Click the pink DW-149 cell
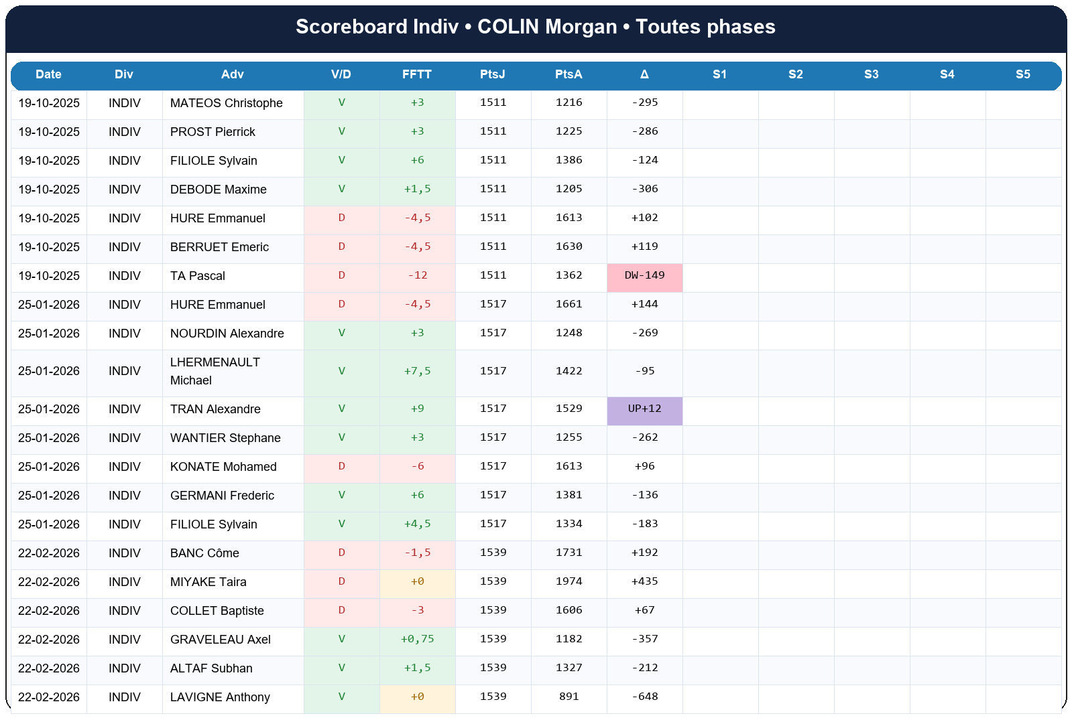644,276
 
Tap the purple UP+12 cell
644,409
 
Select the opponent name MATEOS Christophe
226,103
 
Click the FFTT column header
416,74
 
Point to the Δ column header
644,74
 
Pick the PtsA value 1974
569,581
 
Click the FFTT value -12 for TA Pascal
417,276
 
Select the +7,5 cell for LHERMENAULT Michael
417,371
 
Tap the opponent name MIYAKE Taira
208,582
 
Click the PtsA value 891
569,697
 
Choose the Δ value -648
644,697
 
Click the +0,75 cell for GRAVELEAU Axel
417,639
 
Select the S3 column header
871,74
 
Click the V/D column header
341,74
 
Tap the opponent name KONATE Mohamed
223,467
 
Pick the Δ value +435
644,581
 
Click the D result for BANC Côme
341,553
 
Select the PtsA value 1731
569,553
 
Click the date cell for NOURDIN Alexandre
49,334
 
